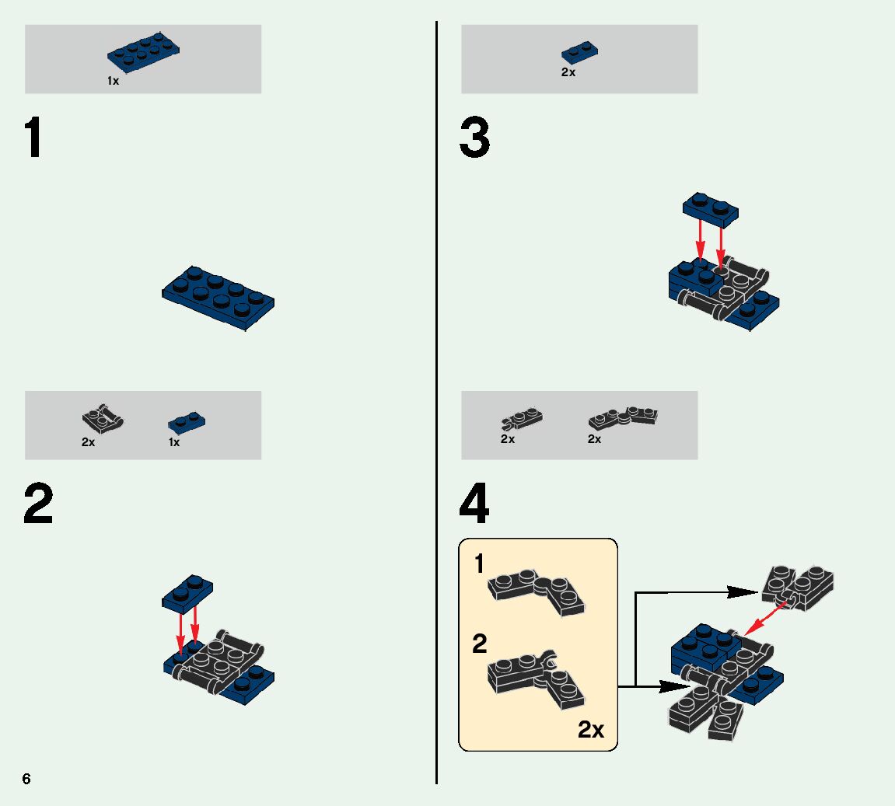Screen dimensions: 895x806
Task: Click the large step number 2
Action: pyautogui.click(x=38, y=505)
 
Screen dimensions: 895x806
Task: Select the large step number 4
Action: pyautogui.click(x=474, y=505)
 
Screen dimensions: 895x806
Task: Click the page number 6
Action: pyautogui.click(x=26, y=779)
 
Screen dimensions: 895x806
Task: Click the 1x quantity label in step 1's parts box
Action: pyautogui.click(x=114, y=81)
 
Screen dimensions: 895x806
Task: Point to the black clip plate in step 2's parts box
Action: pyautogui.click(x=103, y=420)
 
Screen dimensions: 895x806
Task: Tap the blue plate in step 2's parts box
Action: pyautogui.click(x=187, y=423)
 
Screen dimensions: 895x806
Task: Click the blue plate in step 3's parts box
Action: pyautogui.click(x=579, y=53)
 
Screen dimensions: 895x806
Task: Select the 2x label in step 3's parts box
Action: pyautogui.click(x=568, y=72)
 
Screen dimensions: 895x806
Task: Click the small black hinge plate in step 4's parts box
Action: pyautogui.click(x=522, y=420)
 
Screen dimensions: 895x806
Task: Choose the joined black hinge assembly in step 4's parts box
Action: pyautogui.click(x=623, y=417)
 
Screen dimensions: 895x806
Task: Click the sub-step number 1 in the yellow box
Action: pyautogui.click(x=480, y=564)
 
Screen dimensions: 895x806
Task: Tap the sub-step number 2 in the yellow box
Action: pyautogui.click(x=480, y=644)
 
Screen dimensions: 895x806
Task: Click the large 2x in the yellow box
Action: pyautogui.click(x=591, y=730)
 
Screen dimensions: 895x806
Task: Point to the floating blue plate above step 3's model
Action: pyautogui.click(x=710, y=206)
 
